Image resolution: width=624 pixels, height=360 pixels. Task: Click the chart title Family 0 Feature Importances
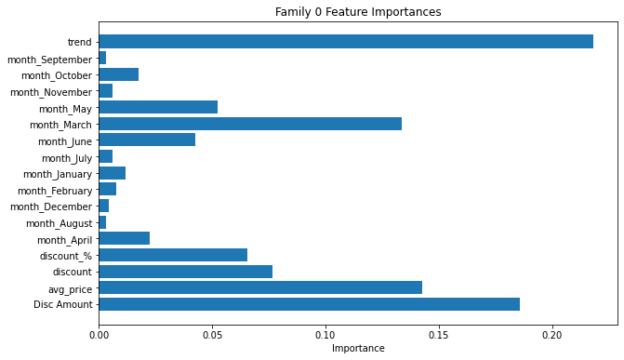358,12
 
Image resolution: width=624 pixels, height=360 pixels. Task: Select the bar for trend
346,42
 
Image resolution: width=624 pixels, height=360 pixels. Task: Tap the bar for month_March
250,124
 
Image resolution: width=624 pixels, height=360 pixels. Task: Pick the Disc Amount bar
309,304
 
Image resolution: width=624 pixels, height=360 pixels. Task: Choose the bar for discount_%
173,255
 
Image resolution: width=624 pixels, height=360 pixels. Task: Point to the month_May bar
158,107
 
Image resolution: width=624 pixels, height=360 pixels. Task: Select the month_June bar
147,140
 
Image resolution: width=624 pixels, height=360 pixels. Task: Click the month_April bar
125,239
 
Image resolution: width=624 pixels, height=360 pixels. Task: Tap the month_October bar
119,74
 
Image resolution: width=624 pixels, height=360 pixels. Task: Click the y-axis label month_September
49,60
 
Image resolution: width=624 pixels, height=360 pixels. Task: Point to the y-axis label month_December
51,207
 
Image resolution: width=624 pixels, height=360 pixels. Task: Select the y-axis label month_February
54,191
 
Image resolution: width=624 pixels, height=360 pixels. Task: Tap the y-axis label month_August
59,223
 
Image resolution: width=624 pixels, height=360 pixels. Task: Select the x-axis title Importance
358,349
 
